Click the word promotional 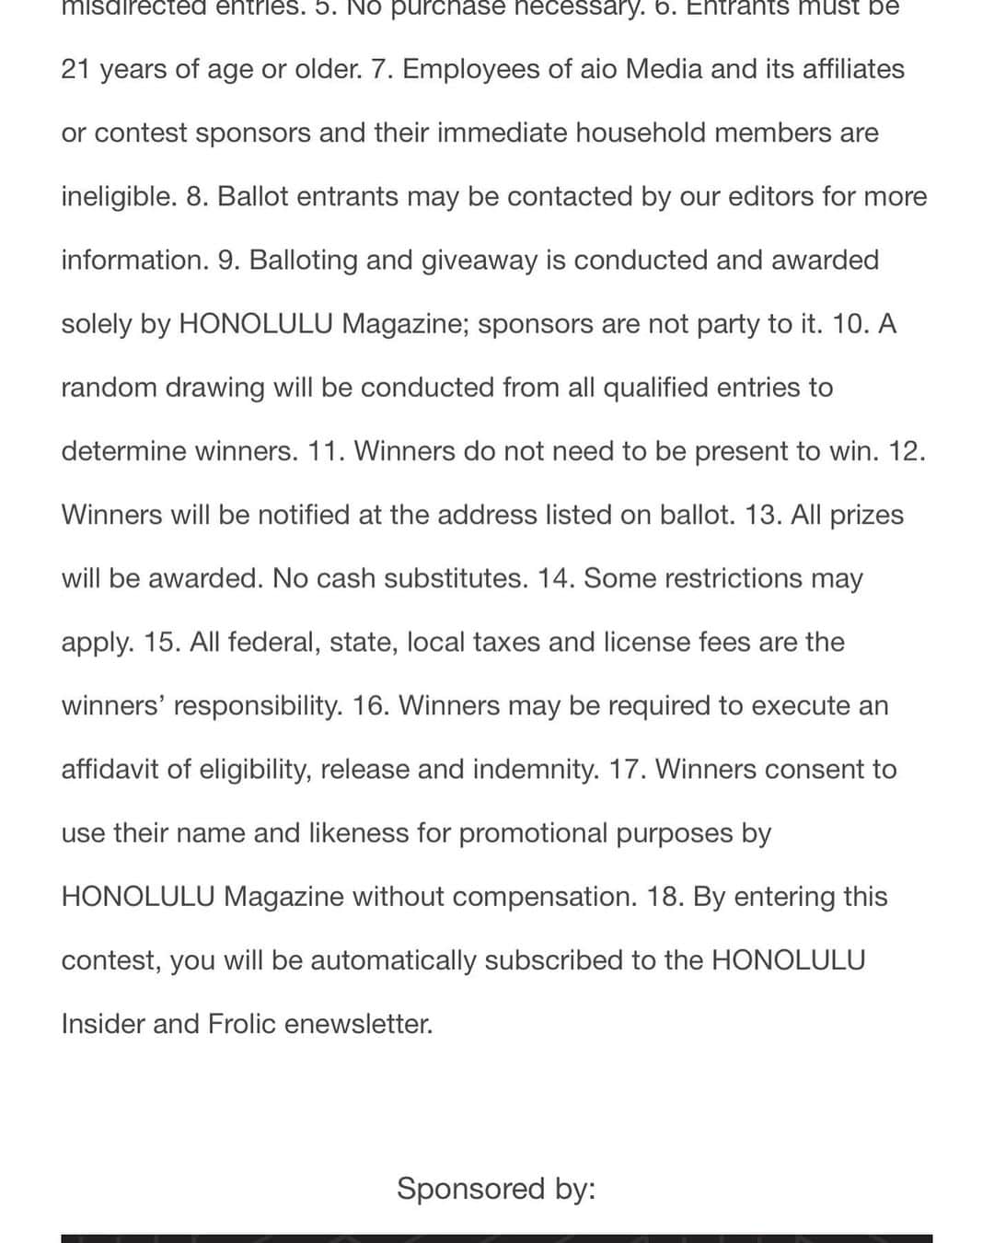click(x=533, y=833)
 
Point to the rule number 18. click(x=665, y=897)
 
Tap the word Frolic click(x=242, y=1024)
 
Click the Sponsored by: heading click(x=496, y=1189)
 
